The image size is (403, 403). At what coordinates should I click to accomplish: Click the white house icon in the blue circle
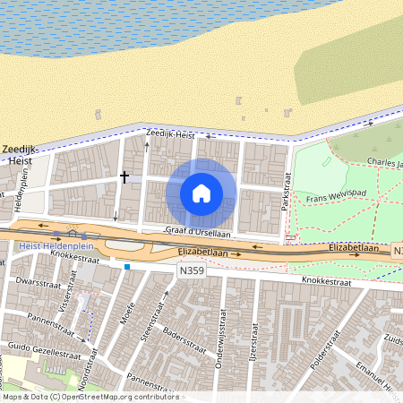(201, 193)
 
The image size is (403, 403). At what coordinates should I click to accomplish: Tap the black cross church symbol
(124, 176)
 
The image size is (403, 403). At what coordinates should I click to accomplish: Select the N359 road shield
(191, 269)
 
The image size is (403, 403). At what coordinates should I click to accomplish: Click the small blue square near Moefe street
(127, 266)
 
